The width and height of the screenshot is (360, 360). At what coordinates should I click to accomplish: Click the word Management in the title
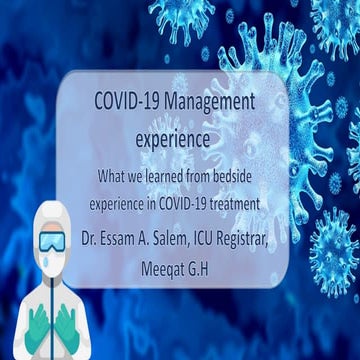point(205,101)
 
